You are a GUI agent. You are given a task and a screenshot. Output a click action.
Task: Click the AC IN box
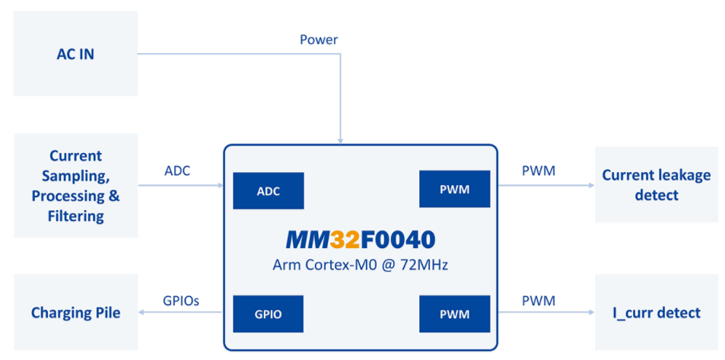click(75, 53)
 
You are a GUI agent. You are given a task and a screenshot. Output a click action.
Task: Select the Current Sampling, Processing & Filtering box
click(75, 186)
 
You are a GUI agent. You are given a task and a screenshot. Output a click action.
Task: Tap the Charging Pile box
click(75, 312)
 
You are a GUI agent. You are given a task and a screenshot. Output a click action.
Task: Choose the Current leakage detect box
click(656, 184)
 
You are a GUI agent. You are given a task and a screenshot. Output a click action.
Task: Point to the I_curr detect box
click(656, 312)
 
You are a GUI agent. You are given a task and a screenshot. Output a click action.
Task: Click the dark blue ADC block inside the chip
click(268, 191)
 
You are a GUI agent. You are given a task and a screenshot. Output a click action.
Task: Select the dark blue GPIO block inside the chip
click(268, 313)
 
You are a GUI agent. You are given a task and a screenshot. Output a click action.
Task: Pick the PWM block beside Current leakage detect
click(454, 190)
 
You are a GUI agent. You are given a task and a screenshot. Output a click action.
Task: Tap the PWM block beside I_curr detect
click(454, 313)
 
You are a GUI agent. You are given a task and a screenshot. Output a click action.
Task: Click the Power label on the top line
click(319, 40)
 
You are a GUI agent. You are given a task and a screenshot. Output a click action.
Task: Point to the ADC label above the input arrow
click(177, 170)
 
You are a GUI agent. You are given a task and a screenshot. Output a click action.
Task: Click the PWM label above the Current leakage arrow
click(538, 170)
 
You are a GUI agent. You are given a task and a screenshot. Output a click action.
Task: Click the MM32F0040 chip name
click(360, 240)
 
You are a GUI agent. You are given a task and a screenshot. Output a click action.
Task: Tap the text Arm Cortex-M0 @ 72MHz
click(360, 265)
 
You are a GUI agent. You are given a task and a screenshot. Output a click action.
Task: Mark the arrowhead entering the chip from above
click(342, 141)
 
